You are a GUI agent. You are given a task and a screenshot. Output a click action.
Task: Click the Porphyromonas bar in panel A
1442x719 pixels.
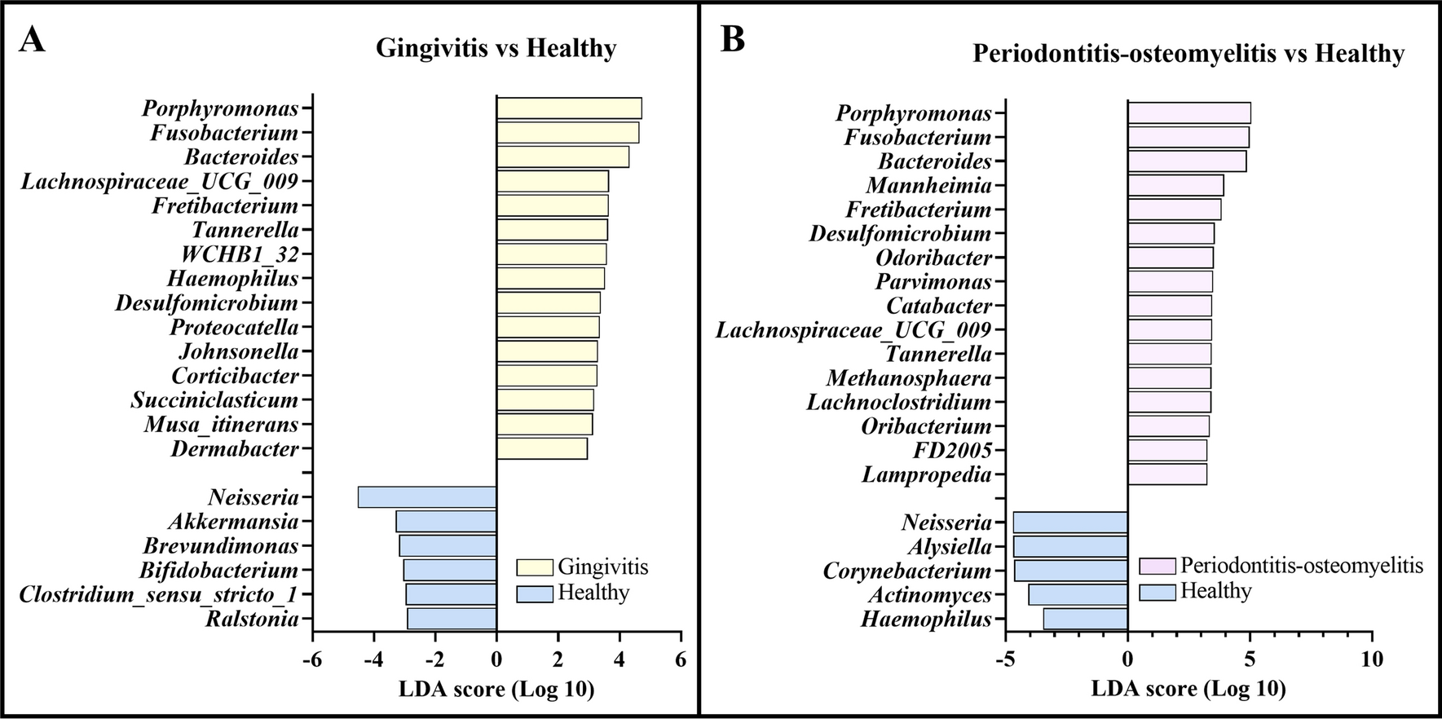[569, 108]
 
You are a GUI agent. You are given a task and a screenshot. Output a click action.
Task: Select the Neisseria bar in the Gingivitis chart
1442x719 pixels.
[427, 497]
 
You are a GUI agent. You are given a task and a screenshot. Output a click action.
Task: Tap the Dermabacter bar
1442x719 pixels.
[542, 448]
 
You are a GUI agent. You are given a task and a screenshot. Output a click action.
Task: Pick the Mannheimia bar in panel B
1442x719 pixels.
[1175, 186]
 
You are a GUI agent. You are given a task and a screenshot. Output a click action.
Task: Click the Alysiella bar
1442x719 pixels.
[1070, 546]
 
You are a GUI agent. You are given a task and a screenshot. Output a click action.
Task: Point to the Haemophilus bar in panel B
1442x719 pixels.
[1085, 620]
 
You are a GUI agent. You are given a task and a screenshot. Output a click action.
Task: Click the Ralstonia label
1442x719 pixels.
[252, 620]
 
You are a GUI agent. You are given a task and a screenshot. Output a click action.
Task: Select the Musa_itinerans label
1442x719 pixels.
[222, 425]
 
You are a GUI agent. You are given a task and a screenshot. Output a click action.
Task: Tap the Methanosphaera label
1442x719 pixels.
[909, 378]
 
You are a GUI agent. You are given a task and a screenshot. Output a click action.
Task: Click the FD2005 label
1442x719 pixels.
[952, 451]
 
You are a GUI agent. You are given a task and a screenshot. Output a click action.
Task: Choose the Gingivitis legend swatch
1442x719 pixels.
[535, 567]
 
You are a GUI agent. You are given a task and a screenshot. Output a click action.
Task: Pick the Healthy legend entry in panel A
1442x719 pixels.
[593, 593]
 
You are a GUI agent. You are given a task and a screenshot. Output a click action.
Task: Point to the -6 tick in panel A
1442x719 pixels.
[312, 659]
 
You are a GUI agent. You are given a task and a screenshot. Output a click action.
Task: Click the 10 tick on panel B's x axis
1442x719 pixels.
[1372, 659]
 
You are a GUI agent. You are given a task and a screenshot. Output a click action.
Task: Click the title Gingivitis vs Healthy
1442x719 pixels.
[496, 48]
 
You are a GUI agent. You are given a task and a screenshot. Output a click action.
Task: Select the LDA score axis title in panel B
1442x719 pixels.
[1188, 690]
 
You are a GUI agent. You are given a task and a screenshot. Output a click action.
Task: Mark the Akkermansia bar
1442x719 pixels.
[446, 522]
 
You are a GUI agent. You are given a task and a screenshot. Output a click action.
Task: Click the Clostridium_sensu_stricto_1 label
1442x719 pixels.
[158, 595]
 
